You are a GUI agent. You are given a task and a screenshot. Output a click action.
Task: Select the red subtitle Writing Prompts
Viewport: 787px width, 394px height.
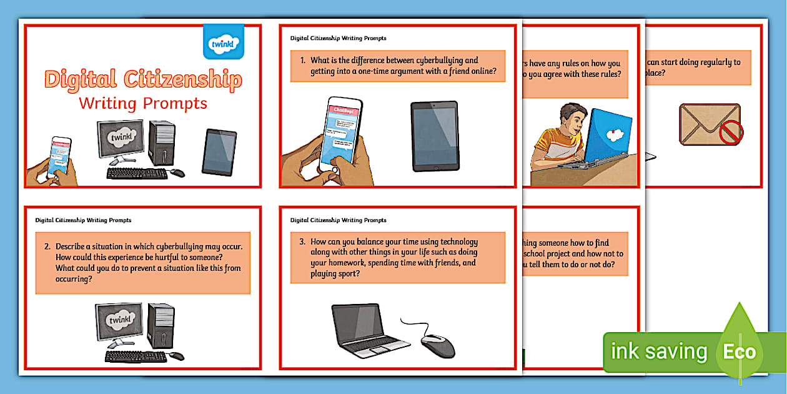point(142,102)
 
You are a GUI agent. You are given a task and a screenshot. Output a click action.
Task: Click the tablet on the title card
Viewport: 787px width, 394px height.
point(219,152)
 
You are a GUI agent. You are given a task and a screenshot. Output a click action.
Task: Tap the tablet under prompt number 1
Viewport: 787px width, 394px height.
point(434,136)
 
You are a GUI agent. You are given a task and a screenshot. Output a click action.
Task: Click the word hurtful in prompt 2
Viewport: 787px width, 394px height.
point(181,257)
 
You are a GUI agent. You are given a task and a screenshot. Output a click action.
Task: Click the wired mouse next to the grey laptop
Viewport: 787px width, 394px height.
point(437,345)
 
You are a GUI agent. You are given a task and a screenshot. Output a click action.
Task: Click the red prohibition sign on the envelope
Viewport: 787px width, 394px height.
point(731,133)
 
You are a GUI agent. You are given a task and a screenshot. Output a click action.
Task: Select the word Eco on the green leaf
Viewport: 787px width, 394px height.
point(740,351)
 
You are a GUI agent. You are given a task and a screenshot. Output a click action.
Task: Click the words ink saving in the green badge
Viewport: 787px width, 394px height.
point(658,352)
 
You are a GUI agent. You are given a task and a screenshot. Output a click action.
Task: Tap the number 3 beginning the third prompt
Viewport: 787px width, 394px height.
point(302,242)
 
